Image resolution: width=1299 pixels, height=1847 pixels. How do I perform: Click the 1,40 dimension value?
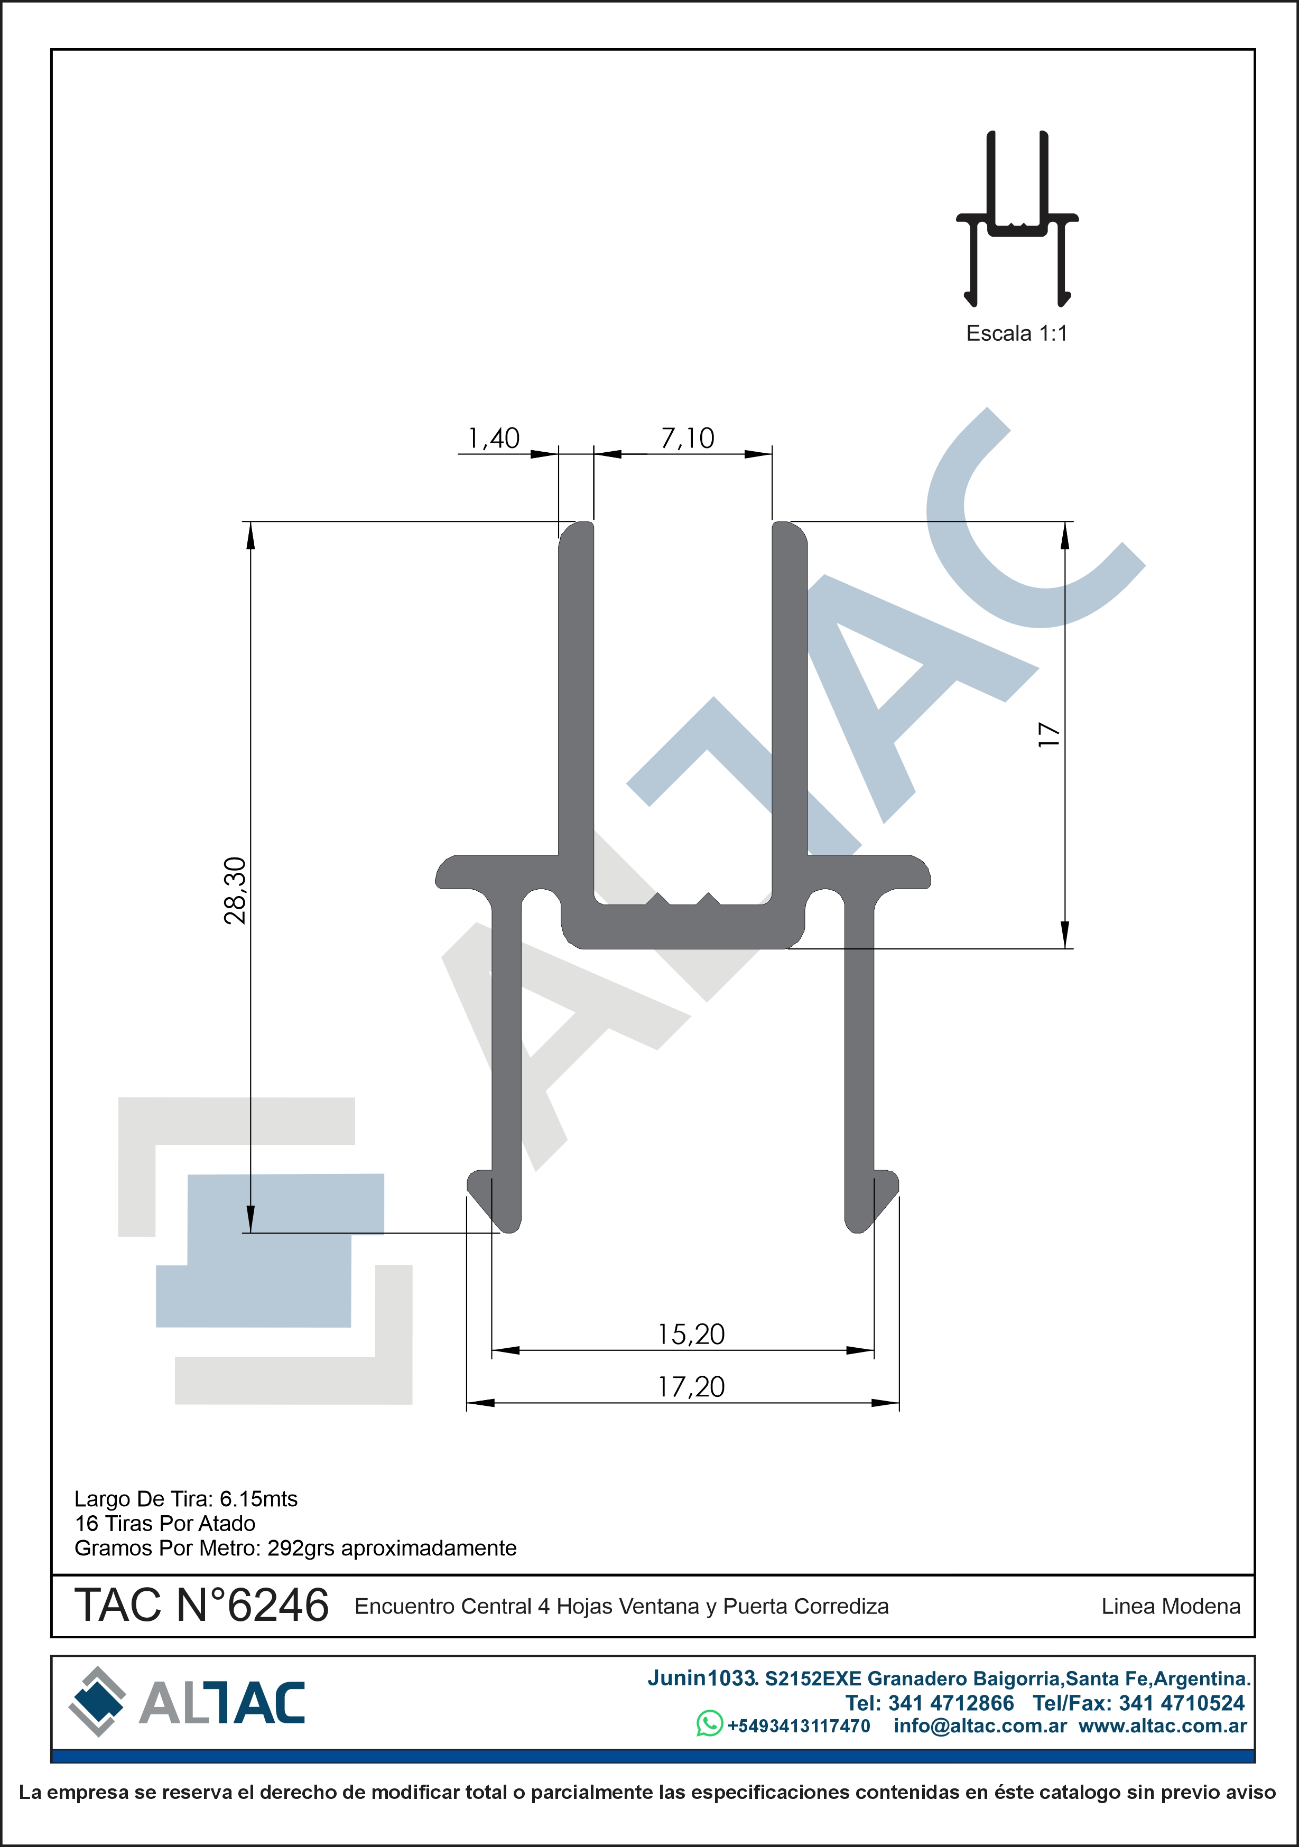[494, 439]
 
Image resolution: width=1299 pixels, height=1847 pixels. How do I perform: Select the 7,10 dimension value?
[688, 439]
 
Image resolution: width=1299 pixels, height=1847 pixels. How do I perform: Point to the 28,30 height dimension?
[235, 891]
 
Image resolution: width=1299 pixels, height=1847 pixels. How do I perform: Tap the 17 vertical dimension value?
[1049, 734]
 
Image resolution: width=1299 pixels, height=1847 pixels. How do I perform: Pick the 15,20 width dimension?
[691, 1335]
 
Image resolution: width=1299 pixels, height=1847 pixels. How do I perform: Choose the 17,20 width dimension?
[691, 1387]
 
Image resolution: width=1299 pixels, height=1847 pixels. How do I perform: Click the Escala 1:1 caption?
[1016, 333]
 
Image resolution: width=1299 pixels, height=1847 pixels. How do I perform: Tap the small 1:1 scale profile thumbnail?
[1017, 219]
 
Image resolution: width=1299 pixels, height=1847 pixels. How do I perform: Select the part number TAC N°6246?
[201, 1605]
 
